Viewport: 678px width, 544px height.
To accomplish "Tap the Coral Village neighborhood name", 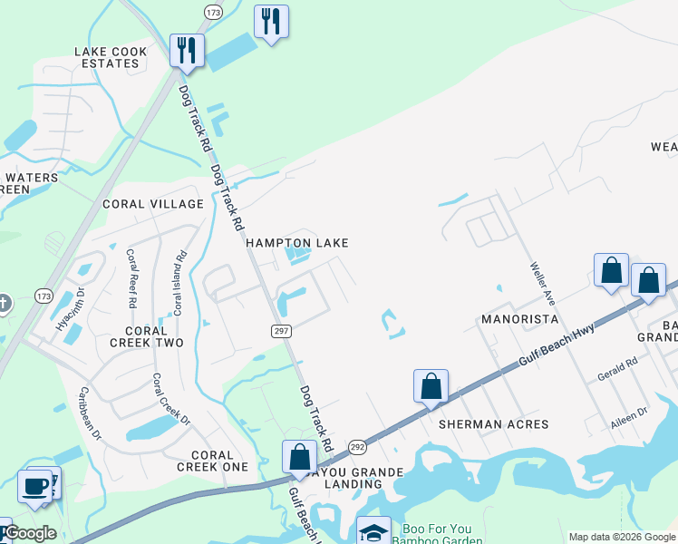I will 153,204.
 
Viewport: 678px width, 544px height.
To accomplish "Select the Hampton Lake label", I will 297,243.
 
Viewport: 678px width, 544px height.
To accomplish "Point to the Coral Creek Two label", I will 147,336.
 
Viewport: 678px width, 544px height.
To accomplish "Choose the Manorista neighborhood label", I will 519,320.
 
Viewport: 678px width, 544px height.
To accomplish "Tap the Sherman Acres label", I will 494,424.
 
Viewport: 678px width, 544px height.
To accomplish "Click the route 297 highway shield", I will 281,331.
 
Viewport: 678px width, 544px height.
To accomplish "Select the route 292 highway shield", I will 357,446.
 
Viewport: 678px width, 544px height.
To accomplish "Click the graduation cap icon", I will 373,530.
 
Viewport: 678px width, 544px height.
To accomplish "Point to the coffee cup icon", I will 35,485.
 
